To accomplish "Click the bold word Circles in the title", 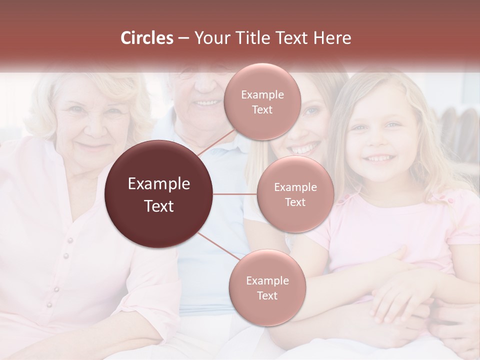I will pos(146,38).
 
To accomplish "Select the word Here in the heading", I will pos(332,38).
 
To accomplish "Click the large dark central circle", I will pos(159,194).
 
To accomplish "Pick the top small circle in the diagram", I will pos(262,101).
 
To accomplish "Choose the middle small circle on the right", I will pos(295,194).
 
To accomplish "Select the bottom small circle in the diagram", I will pos(267,287).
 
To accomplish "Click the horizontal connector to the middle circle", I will pos(235,194).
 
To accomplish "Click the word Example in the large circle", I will pos(159,184).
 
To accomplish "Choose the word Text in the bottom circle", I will pos(267,295).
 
